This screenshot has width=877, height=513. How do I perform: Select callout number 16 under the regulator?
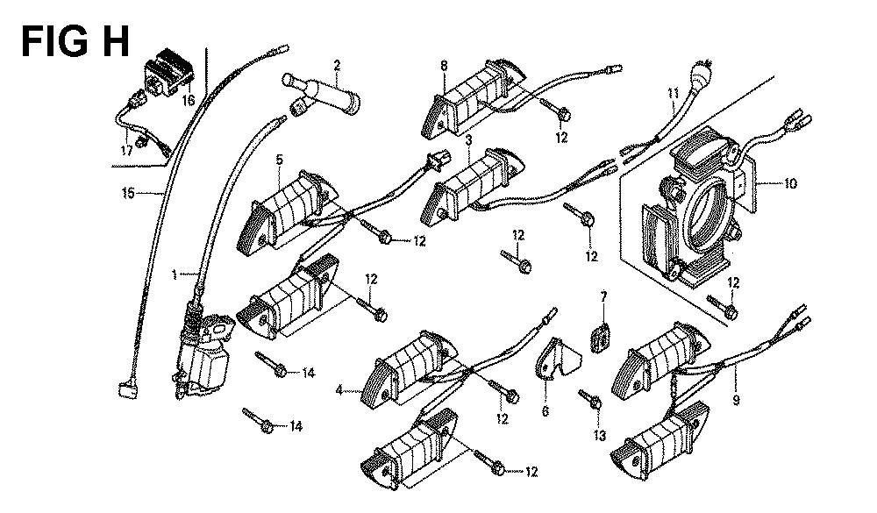pyautogui.click(x=188, y=101)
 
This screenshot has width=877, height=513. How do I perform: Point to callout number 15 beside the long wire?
pyautogui.click(x=129, y=193)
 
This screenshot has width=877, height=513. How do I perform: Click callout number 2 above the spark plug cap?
pyautogui.click(x=336, y=64)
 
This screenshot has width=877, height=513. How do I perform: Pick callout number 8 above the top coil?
pyautogui.click(x=444, y=66)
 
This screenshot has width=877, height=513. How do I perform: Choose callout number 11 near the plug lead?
pyautogui.click(x=674, y=94)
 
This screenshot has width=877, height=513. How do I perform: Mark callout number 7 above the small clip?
pyautogui.click(x=602, y=298)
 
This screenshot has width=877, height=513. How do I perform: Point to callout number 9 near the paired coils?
pyautogui.click(x=736, y=401)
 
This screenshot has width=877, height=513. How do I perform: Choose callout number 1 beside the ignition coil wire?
pyautogui.click(x=175, y=274)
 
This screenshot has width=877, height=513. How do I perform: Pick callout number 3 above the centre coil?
pyautogui.click(x=469, y=140)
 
